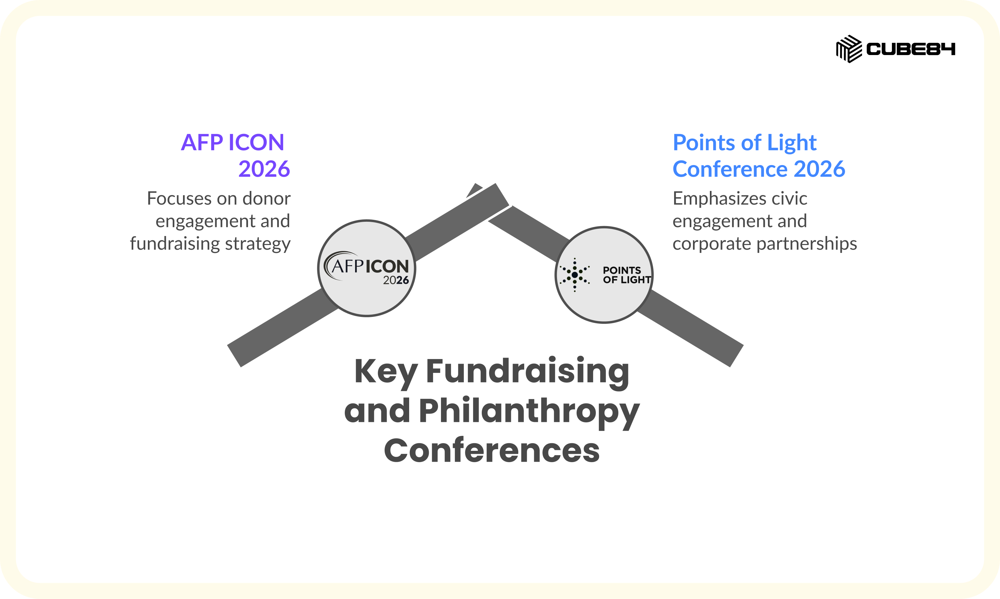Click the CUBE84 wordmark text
(910, 49)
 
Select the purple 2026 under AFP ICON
(264, 169)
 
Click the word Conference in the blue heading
(730, 169)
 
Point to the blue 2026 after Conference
(819, 169)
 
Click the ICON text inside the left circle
(387, 267)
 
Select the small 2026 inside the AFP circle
(396, 280)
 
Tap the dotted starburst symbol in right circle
(575, 275)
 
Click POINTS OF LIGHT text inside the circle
(627, 275)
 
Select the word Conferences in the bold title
(492, 450)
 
